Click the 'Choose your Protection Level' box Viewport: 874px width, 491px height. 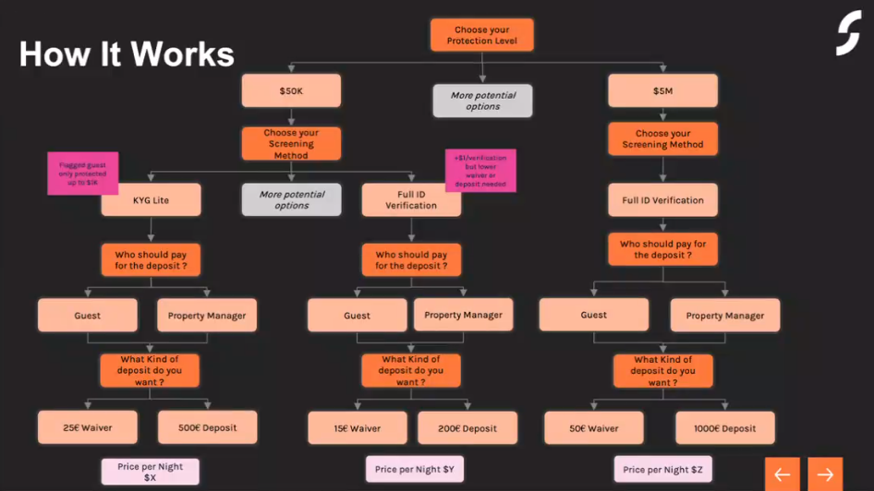click(481, 36)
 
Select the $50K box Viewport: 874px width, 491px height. click(291, 91)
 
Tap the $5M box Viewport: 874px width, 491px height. click(662, 91)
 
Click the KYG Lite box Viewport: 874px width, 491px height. click(151, 200)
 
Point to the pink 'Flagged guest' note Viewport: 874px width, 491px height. click(83, 174)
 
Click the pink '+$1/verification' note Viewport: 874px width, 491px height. click(480, 171)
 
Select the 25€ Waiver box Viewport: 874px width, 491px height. click(88, 427)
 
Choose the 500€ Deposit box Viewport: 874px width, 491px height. click(208, 427)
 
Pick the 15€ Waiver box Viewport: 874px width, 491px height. click(358, 428)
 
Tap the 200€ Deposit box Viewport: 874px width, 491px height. click(467, 428)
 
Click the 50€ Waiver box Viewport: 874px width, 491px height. click(594, 428)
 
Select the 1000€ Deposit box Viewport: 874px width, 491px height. click(725, 428)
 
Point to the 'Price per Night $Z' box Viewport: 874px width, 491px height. click(662, 470)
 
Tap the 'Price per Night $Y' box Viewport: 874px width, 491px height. click(414, 470)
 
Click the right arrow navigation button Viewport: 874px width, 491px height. click(825, 474)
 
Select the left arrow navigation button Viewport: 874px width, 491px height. click(782, 474)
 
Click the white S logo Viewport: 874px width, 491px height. click(848, 34)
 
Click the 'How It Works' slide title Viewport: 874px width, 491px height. click(127, 54)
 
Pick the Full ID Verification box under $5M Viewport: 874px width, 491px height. click(662, 200)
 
